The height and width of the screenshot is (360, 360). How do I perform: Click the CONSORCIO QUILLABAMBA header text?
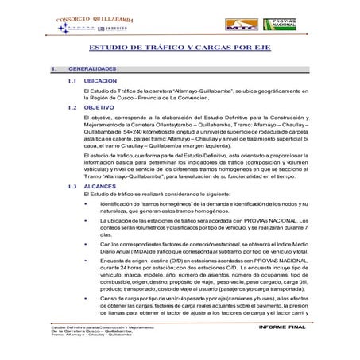point(94,17)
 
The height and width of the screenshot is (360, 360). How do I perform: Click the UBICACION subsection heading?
point(102,81)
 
